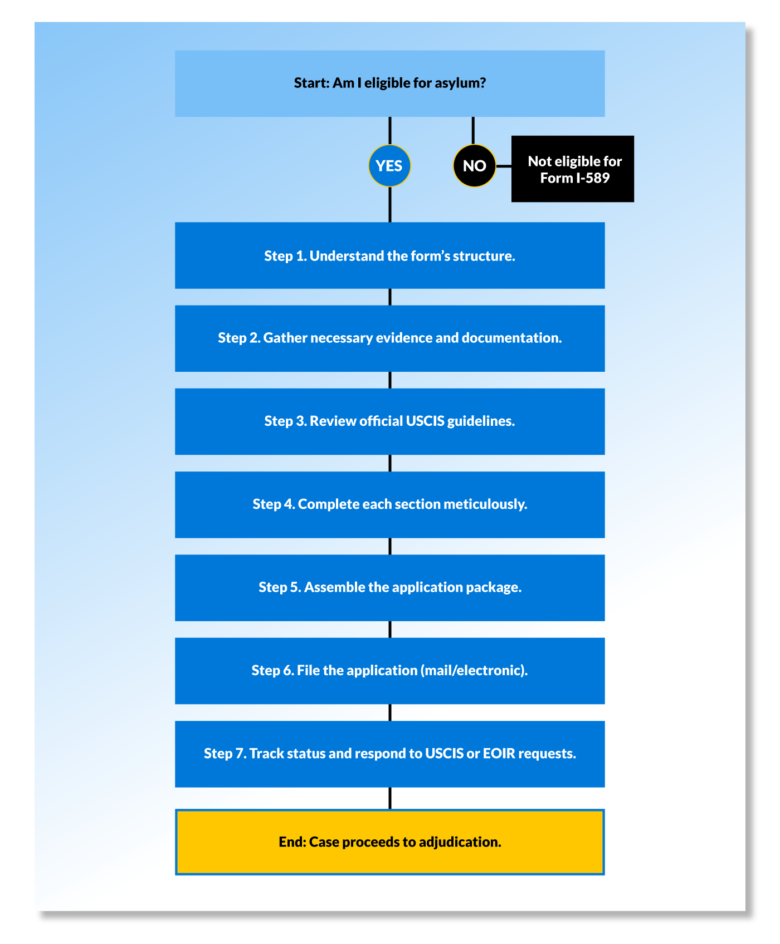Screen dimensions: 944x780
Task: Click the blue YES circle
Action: pyautogui.click(x=389, y=166)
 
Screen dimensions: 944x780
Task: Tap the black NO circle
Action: pyautogui.click(x=474, y=166)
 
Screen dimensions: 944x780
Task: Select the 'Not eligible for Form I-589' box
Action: pyautogui.click(x=572, y=169)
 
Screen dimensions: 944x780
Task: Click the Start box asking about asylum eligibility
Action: pyautogui.click(x=389, y=83)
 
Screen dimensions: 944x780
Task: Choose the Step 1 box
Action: pyautogui.click(x=389, y=255)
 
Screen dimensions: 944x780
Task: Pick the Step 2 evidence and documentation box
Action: pyautogui.click(x=389, y=338)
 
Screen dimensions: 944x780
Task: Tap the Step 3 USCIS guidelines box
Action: pyautogui.click(x=389, y=421)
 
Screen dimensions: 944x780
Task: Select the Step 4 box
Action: pyautogui.click(x=389, y=504)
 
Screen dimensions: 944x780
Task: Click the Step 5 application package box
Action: pyautogui.click(x=389, y=588)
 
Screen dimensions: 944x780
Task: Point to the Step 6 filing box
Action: pyautogui.click(x=389, y=671)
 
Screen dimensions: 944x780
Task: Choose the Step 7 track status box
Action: pyautogui.click(x=389, y=754)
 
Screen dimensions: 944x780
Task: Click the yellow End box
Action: pyautogui.click(x=389, y=842)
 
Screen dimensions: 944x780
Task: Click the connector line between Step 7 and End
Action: pyautogui.click(x=389, y=798)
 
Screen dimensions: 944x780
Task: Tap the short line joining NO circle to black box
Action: pyautogui.click(x=504, y=166)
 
